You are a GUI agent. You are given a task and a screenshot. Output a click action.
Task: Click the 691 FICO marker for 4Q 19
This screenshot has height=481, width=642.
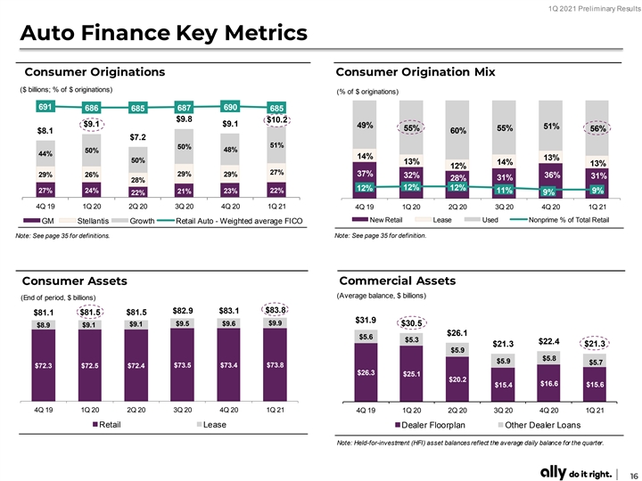45,107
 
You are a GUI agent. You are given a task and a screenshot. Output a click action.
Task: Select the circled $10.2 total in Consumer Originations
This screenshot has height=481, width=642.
276,120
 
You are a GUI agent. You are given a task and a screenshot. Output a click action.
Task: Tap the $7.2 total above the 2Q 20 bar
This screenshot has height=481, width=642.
138,137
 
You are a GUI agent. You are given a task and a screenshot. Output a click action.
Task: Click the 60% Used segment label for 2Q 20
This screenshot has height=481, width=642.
458,130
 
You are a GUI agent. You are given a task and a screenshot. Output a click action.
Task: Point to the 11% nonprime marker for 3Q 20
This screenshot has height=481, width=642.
504,191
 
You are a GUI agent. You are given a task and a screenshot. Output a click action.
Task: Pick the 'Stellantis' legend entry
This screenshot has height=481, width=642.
85,221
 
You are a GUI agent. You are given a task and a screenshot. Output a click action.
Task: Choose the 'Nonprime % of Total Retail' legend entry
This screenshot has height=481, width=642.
560,220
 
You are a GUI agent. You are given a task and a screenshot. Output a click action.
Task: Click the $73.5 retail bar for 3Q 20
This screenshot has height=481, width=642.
182,365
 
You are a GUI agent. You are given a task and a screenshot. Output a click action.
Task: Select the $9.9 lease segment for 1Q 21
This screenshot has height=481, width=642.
276,323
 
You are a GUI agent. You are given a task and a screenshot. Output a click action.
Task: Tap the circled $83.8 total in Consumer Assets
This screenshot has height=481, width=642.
276,310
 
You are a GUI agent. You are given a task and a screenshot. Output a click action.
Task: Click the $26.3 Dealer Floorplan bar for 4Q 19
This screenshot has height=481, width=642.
366,372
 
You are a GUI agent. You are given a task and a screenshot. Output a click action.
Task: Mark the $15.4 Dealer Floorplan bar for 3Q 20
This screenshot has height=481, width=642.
503,385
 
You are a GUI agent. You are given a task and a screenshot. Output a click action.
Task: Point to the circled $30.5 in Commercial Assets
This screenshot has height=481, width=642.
411,323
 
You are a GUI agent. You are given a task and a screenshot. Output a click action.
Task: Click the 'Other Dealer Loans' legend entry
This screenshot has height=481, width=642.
539,425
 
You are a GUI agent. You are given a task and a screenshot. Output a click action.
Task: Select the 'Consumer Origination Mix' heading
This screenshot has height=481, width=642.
416,72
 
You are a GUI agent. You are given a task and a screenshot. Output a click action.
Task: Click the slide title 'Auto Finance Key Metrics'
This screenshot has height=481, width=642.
164,33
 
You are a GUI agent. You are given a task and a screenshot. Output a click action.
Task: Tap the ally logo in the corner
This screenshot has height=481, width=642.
554,472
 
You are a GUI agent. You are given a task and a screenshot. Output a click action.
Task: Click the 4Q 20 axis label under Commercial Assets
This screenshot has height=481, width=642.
550,411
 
